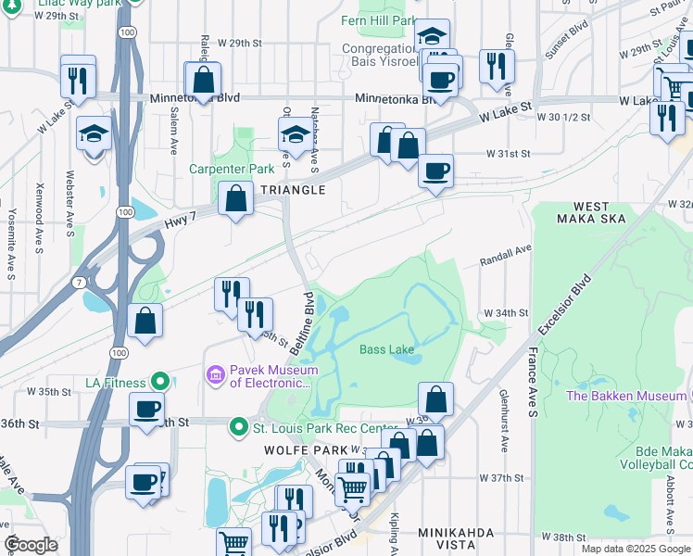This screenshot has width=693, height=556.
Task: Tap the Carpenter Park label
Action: tap(232, 169)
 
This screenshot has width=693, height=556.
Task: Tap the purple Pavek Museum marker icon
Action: tap(215, 374)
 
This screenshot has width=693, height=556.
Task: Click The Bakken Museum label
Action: tap(626, 396)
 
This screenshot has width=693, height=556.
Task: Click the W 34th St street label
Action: tap(506, 313)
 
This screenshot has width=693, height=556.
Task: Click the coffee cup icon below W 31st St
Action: tap(435, 171)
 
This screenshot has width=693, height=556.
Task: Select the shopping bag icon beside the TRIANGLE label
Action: tap(236, 197)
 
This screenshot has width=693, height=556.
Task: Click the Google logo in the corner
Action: tap(31, 545)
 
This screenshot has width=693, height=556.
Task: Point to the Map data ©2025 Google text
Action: tap(636, 549)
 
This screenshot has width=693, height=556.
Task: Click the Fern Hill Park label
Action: tap(378, 19)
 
